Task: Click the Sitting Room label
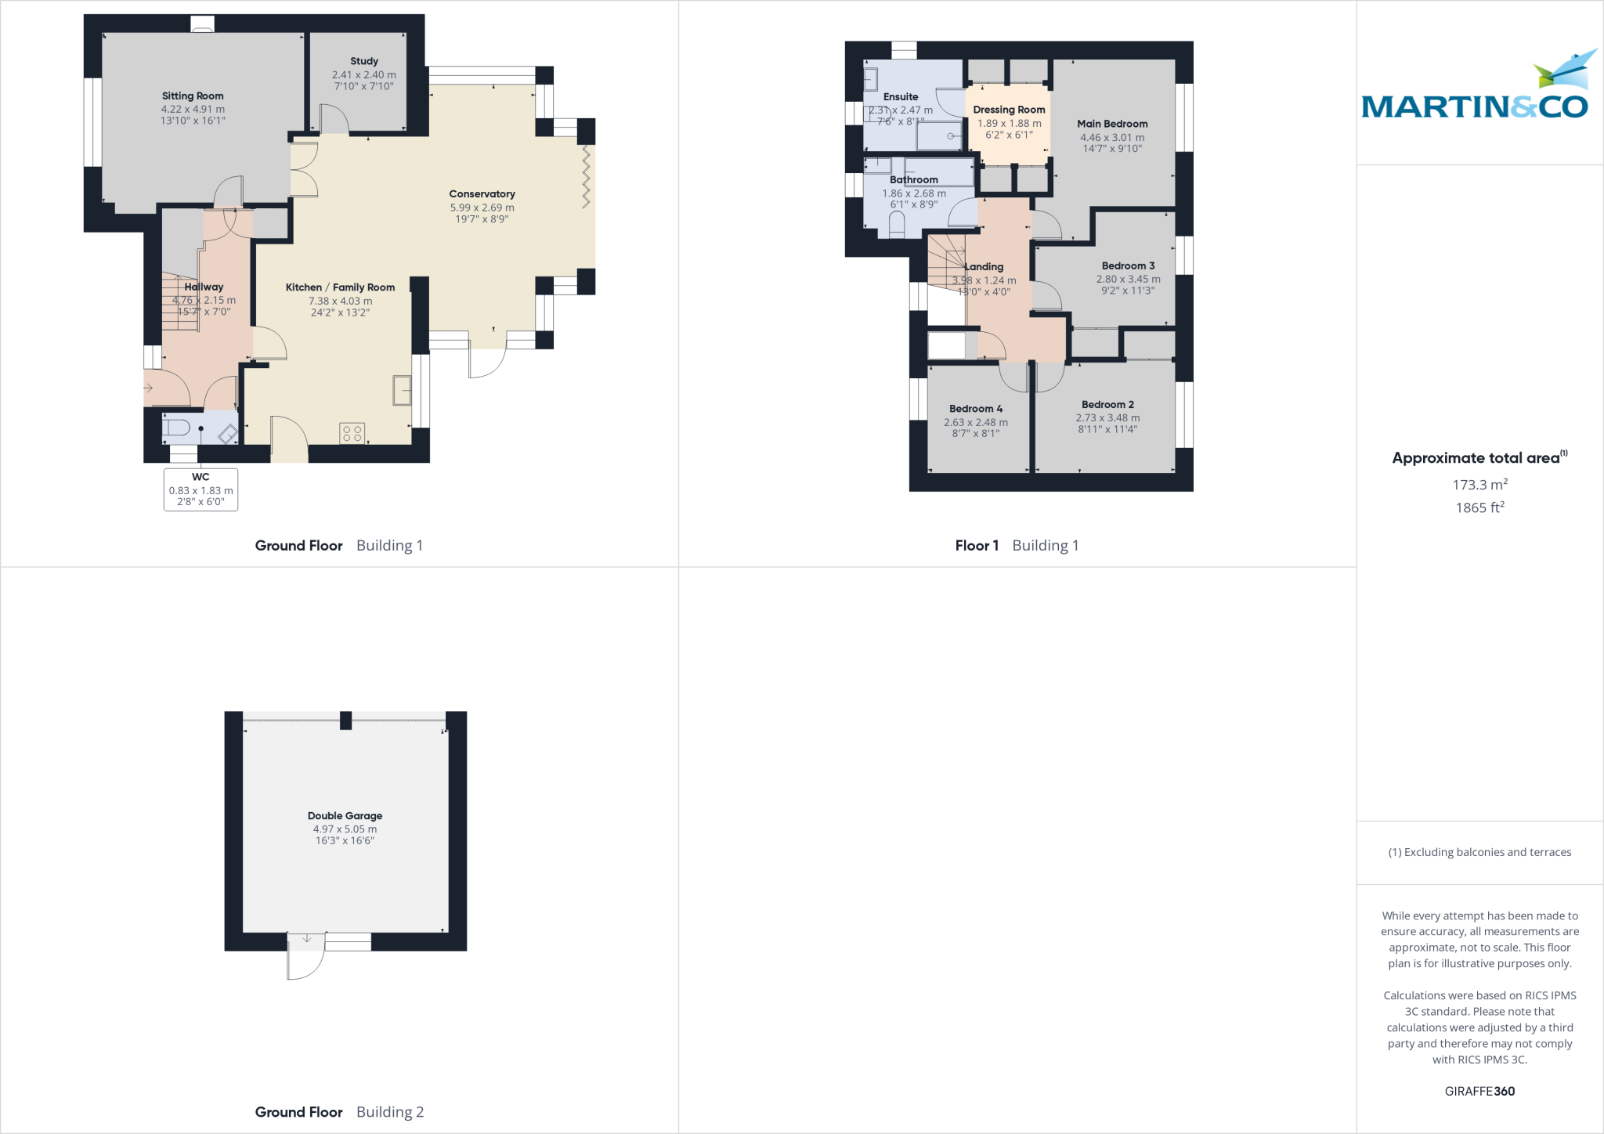tap(193, 96)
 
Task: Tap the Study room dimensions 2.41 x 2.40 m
tap(363, 75)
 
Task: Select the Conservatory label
tap(482, 193)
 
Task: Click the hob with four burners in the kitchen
tap(352, 433)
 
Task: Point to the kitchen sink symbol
tap(402, 390)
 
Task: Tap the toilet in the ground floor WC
tap(176, 428)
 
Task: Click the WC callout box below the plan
tap(200, 489)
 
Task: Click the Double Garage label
tap(345, 815)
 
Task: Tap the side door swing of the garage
tap(305, 959)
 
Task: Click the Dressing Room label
tap(1009, 110)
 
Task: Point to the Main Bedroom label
tap(1112, 124)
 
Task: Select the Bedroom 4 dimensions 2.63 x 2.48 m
tap(976, 422)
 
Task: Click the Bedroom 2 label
tap(1107, 404)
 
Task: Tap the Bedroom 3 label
tap(1128, 265)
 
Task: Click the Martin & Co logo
tap(1476, 94)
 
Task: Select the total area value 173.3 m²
tap(1479, 485)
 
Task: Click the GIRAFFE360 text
tap(1479, 1091)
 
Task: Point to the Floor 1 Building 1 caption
tap(1017, 545)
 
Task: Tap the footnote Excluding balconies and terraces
tap(1479, 852)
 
